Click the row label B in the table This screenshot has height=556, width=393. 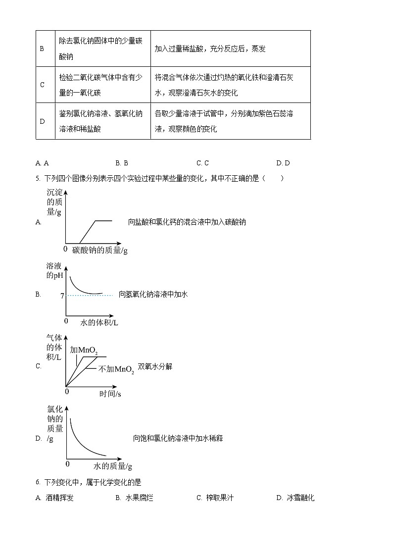pos(42,49)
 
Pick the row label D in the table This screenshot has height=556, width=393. pos(42,121)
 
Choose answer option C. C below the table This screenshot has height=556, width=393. pos(202,163)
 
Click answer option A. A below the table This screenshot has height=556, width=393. pos(42,163)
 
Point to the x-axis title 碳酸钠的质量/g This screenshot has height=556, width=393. pos(99,250)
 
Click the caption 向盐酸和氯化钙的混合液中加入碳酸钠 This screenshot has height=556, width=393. pos(187,222)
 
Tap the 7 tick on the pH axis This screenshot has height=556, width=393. pos(62,296)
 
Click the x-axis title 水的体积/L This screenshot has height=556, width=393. pos(99,323)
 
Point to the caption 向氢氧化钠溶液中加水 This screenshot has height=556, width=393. pos(153,294)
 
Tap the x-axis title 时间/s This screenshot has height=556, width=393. pos(110,394)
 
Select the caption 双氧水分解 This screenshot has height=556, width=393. pos(155,366)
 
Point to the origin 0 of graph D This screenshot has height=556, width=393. pos(68,463)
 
